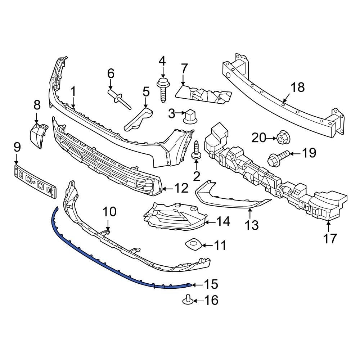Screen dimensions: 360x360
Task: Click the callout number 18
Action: [x=297, y=87]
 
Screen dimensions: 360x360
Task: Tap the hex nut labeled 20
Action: [x=283, y=137]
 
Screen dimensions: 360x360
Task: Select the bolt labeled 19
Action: [x=278, y=157]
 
